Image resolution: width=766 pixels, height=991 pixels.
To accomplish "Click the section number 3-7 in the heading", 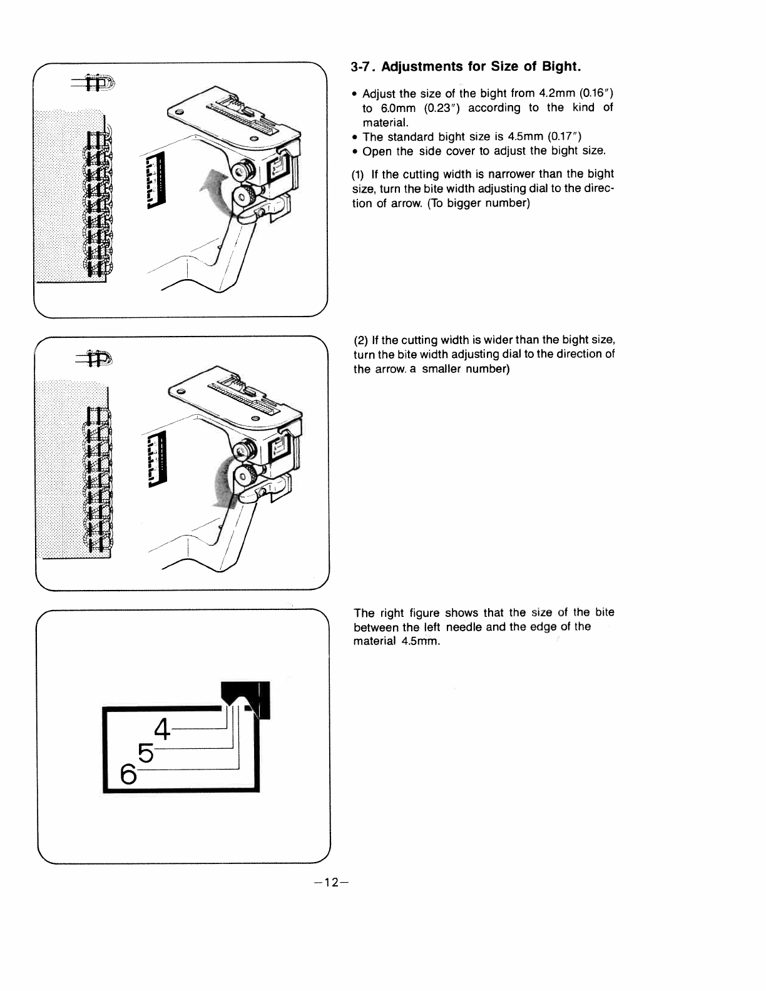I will [x=363, y=66].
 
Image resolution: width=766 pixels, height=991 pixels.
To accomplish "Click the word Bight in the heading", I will [x=561, y=66].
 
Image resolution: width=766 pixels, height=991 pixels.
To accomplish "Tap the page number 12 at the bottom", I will [x=331, y=883].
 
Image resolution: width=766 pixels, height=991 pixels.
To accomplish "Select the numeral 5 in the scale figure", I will [x=145, y=752].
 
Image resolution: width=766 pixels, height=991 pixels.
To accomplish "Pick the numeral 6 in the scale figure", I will [x=128, y=775].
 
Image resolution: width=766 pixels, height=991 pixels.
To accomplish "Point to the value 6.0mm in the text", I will [x=398, y=108].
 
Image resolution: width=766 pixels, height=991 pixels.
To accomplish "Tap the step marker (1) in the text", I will [x=359, y=174].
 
